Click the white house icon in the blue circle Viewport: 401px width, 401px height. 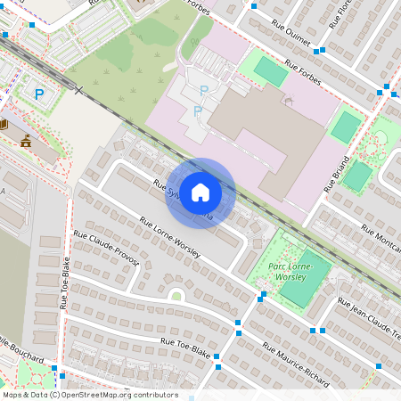pyautogui.click(x=200, y=192)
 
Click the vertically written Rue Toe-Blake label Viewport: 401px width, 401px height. pyautogui.click(x=65, y=282)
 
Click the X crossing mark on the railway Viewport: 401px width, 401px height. pyautogui.click(x=78, y=91)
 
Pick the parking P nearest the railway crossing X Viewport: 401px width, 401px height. pyautogui.click(x=38, y=92)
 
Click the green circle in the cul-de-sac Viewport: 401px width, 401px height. pyautogui.click(x=176, y=296)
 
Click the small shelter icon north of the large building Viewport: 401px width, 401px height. pyautogui.click(x=287, y=102)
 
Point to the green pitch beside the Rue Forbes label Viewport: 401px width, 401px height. pyautogui.click(x=271, y=71)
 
